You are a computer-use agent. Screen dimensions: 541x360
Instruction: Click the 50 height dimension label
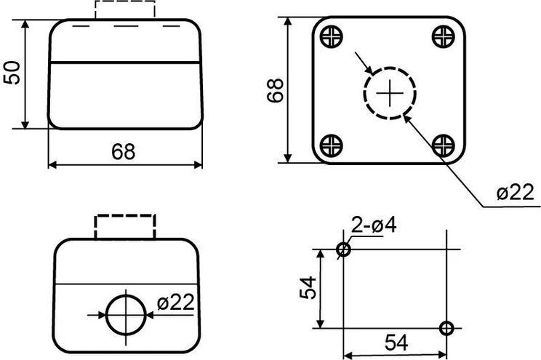click(x=12, y=73)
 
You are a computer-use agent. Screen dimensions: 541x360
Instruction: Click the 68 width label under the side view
click(x=123, y=151)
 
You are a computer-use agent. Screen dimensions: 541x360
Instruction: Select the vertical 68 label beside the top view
click(x=276, y=90)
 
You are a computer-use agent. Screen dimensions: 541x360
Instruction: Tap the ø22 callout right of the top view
click(x=515, y=192)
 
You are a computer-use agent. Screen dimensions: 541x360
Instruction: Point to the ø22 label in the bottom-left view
click(x=176, y=303)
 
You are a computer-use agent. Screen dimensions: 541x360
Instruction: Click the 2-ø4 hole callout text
click(x=374, y=225)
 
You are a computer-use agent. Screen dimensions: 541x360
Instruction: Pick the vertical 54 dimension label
click(x=308, y=288)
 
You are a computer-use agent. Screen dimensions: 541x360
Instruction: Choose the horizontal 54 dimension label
click(x=396, y=343)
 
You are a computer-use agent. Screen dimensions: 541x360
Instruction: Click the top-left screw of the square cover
click(x=332, y=36)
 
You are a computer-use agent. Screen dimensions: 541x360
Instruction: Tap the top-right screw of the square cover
click(x=443, y=36)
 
